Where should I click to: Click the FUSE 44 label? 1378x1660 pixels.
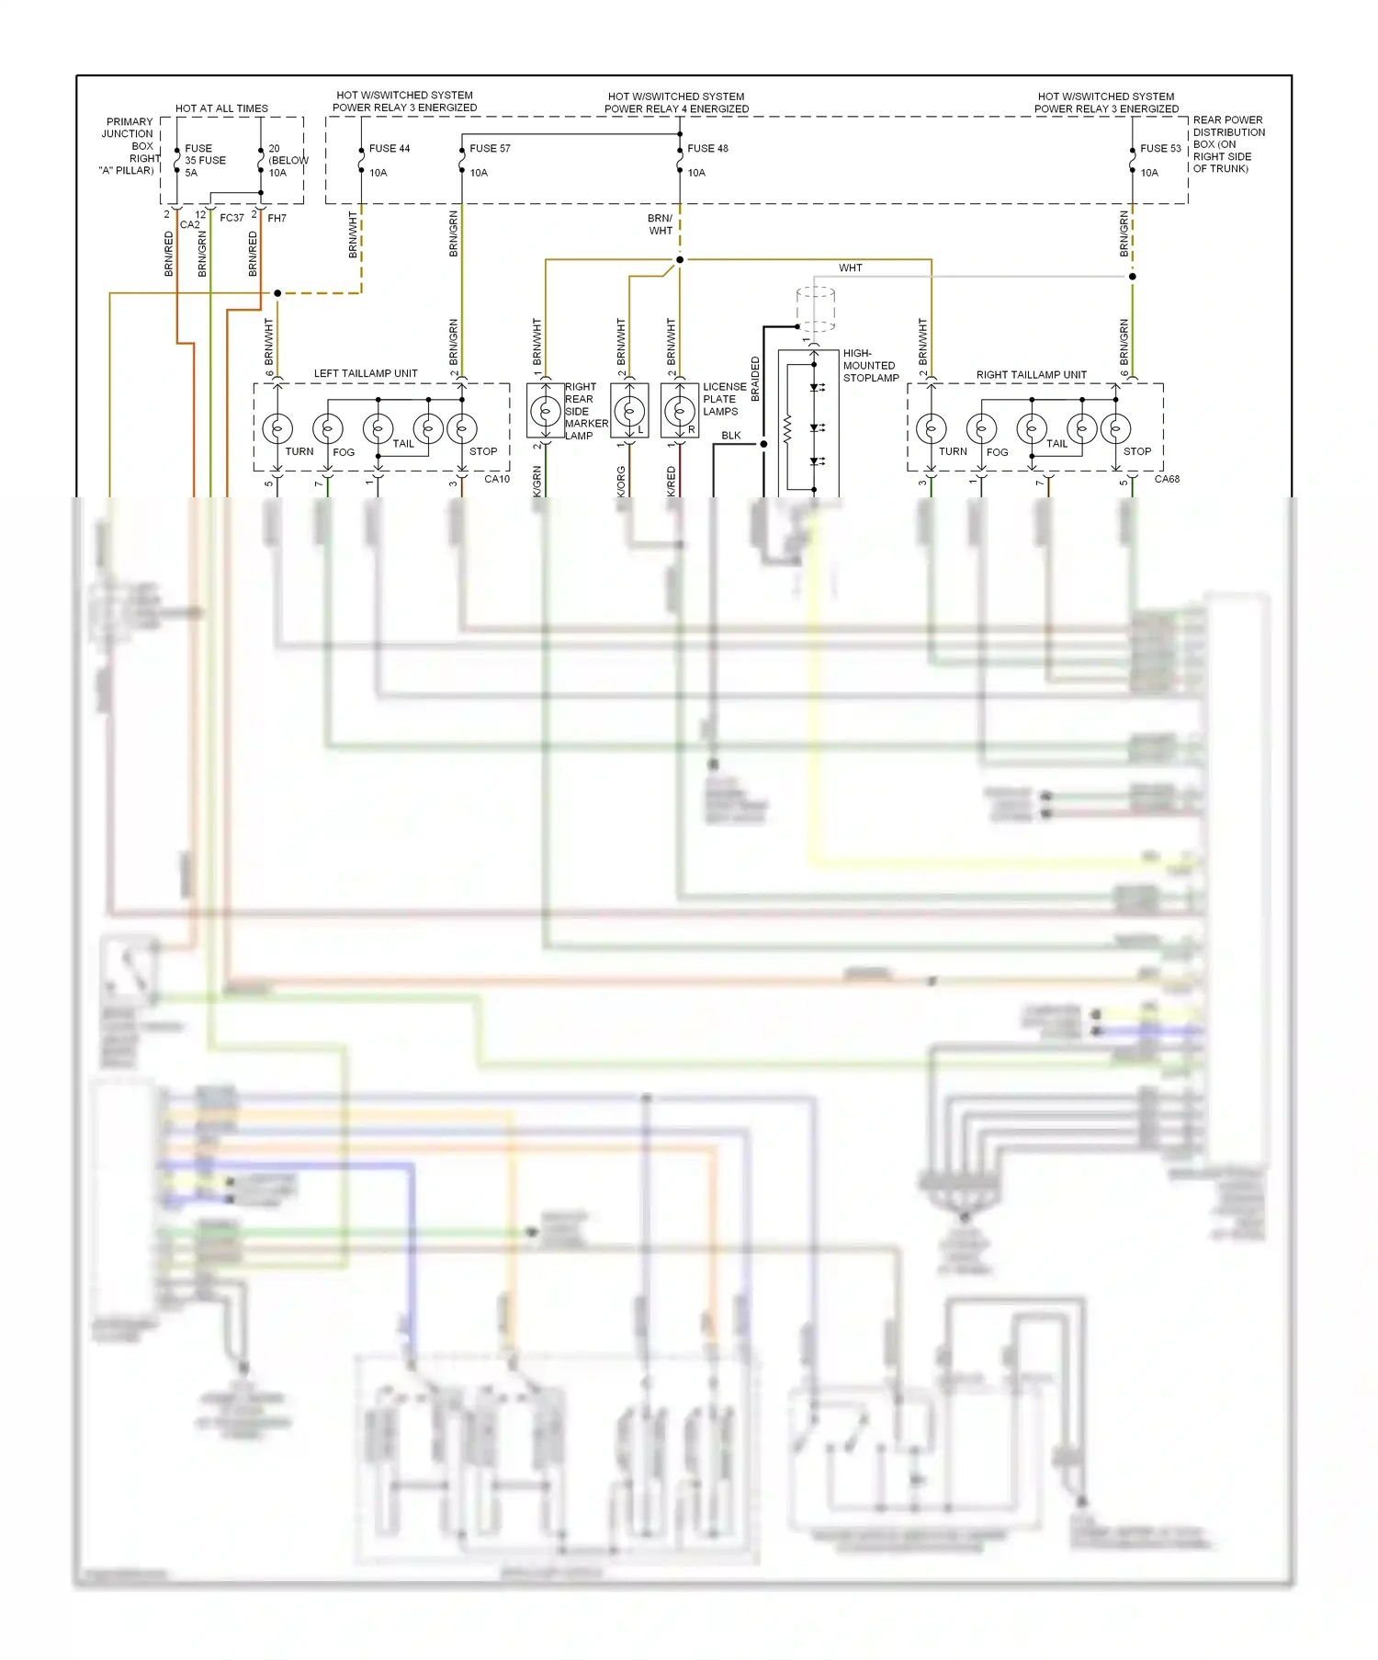[389, 148]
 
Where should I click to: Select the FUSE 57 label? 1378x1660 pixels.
[490, 148]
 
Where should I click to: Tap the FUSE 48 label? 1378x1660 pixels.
[707, 148]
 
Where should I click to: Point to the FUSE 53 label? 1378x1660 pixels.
[1160, 148]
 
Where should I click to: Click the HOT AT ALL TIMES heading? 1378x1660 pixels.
[221, 108]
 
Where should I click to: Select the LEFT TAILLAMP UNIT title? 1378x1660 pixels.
[366, 373]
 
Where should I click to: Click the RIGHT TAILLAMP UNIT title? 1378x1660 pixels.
[1031, 375]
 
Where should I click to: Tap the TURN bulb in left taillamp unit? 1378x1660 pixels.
[277, 428]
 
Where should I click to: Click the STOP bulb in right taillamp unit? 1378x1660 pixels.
[1116, 428]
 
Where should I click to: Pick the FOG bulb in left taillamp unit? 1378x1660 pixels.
[328, 428]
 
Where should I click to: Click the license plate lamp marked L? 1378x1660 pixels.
[629, 412]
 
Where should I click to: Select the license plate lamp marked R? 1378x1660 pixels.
[680, 412]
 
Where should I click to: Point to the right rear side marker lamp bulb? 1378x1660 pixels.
[546, 411]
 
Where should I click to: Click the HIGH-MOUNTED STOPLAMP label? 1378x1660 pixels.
[870, 365]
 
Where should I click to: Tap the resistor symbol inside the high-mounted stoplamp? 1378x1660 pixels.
[787, 428]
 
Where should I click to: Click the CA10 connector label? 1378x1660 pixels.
[496, 479]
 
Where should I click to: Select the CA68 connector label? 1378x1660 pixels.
[1167, 479]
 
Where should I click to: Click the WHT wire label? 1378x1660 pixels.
[850, 268]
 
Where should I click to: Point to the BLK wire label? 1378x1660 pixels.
[730, 436]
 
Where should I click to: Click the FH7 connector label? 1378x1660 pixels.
[277, 219]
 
